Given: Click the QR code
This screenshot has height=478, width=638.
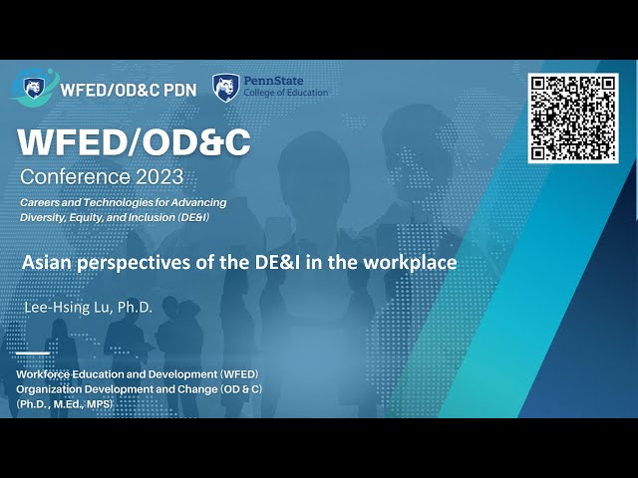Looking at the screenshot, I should pos(573,118).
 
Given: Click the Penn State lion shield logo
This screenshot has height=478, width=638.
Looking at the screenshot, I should pos(225,87).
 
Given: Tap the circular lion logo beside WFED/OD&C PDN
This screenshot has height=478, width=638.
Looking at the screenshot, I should pos(38,88).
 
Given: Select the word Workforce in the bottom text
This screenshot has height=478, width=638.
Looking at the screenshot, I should pos(47,374).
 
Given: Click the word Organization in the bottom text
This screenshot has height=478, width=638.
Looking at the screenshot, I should pos(51,388).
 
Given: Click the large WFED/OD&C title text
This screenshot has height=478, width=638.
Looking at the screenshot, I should pos(134,143).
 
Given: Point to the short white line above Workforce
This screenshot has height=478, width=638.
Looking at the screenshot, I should pos(32,352).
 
